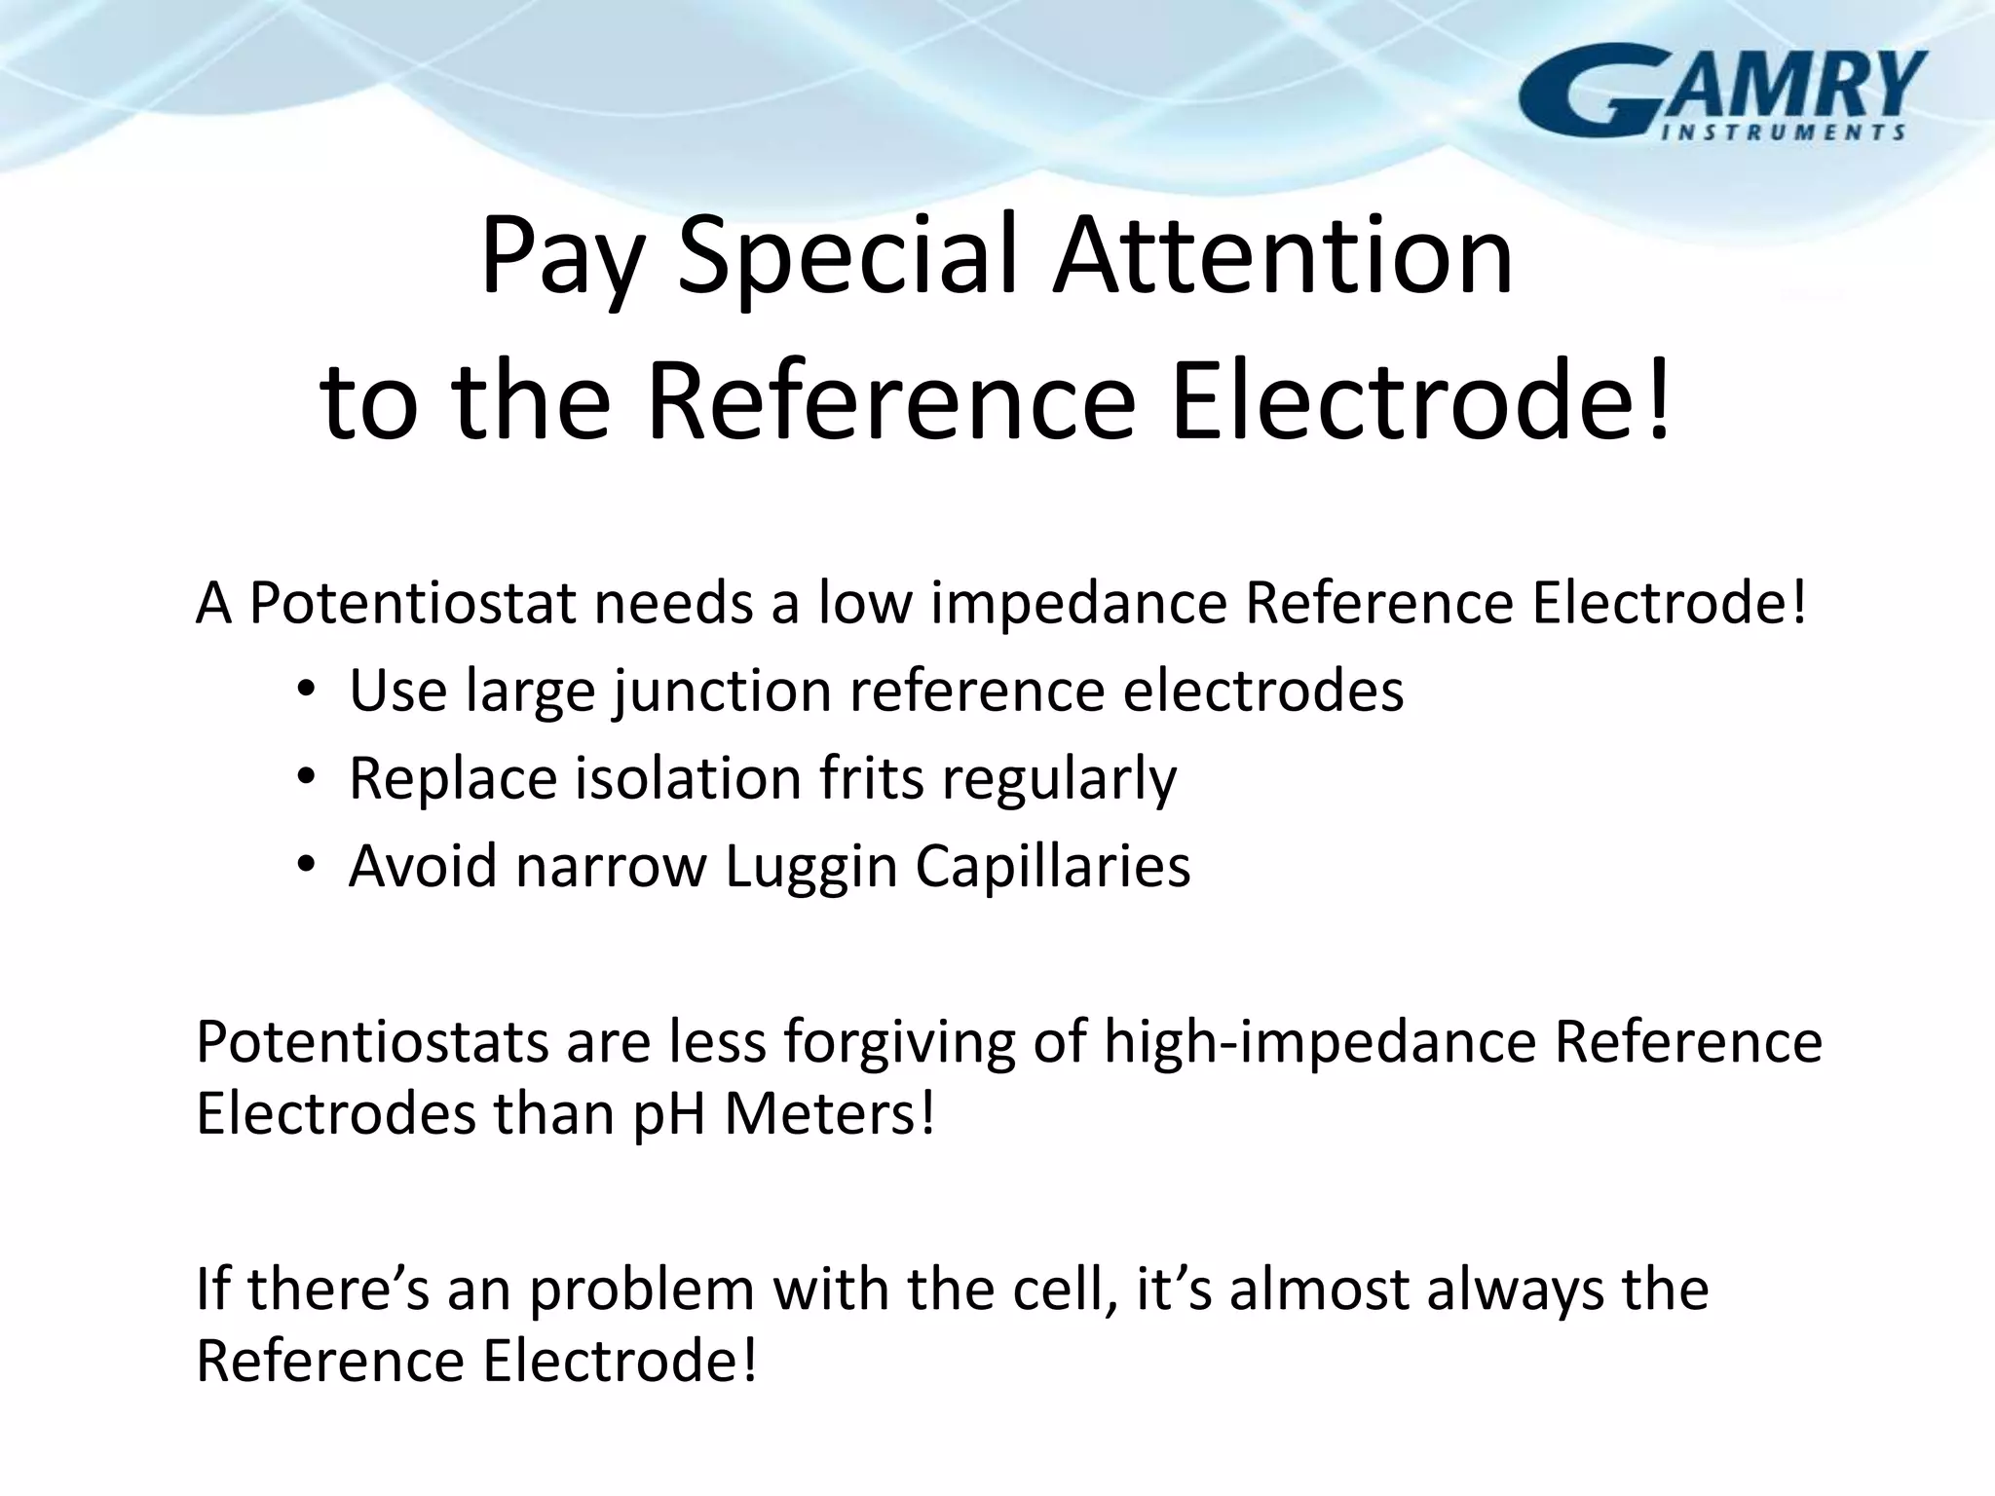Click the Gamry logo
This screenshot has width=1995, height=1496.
(x=1722, y=93)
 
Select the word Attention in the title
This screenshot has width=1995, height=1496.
(x=1282, y=256)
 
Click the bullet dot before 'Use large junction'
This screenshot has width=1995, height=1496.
(x=307, y=690)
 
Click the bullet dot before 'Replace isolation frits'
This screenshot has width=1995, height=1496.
(x=307, y=777)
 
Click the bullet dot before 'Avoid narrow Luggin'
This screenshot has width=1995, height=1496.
(x=307, y=865)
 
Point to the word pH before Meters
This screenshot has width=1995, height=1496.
(x=668, y=1114)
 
